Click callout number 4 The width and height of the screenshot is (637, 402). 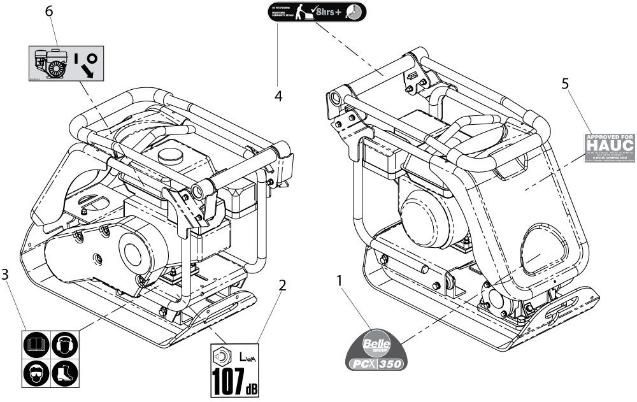point(278,96)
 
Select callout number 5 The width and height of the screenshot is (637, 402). point(564,83)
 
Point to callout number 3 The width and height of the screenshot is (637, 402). point(5,275)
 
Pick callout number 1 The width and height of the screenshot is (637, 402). point(340,280)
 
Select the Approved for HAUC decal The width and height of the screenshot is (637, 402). point(610,148)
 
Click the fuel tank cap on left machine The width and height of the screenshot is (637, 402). point(170,155)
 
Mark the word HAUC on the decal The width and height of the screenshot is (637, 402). point(610,147)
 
